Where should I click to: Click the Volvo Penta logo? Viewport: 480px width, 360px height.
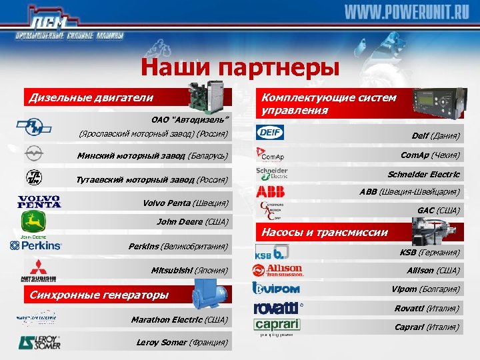click(x=39, y=201)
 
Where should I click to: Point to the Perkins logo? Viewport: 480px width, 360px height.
click(x=36, y=246)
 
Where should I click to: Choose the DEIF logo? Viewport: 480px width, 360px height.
click(x=271, y=133)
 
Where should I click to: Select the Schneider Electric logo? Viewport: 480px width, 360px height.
click(x=271, y=173)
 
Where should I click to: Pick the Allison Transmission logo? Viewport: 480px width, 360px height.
click(x=278, y=270)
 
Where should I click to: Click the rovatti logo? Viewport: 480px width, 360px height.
click(x=277, y=308)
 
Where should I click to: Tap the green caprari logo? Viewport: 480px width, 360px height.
click(x=277, y=326)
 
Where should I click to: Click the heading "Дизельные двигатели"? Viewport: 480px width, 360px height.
click(x=91, y=97)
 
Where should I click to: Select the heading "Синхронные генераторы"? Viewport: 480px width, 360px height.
click(x=97, y=295)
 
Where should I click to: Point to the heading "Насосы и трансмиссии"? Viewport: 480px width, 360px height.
click(x=324, y=233)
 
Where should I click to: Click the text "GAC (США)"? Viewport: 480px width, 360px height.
click(x=439, y=211)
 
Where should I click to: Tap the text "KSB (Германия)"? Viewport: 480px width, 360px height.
click(x=429, y=253)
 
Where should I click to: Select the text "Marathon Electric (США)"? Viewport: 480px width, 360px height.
click(x=179, y=320)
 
